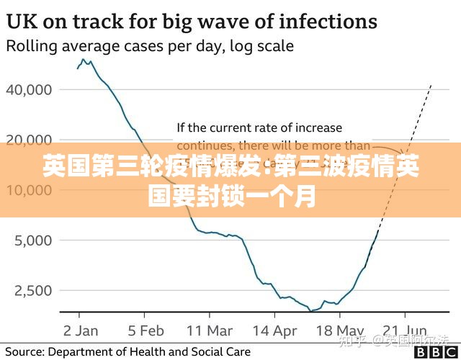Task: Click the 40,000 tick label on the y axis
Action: click(x=30, y=90)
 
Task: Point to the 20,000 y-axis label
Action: click(x=30, y=139)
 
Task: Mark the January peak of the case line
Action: click(x=84, y=60)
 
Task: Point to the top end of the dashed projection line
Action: click(x=431, y=84)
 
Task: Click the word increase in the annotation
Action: click(x=319, y=128)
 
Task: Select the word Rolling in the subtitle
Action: click(x=29, y=47)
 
